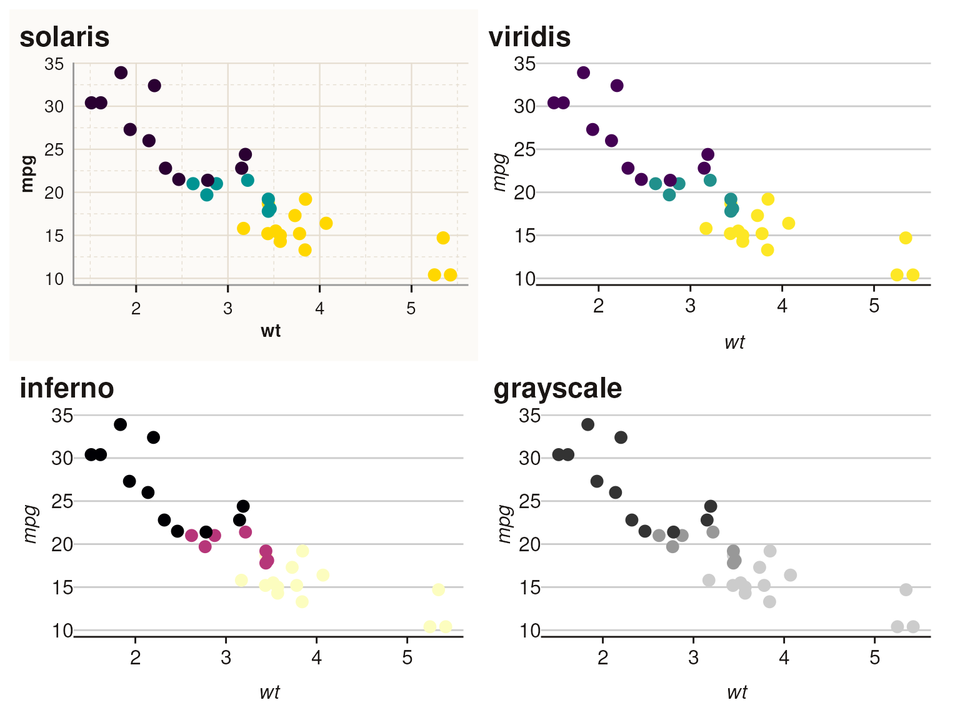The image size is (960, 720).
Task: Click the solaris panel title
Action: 64,37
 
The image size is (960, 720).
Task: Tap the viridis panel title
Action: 529,37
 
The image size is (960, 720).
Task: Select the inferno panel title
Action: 67,388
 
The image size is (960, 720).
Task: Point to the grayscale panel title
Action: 557,388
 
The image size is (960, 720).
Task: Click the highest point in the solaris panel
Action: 121,72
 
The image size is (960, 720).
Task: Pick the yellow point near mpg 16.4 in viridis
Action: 789,223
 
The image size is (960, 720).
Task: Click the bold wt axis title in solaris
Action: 271,331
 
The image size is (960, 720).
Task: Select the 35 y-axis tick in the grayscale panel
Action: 529,416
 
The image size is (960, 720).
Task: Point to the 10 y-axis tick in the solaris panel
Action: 54,279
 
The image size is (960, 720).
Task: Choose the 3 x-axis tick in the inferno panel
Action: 226,658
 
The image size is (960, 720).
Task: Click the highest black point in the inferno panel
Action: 121,424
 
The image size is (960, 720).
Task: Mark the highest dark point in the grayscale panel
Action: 587,424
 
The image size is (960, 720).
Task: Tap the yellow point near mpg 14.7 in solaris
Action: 443,238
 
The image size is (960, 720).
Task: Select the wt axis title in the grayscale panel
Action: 737,692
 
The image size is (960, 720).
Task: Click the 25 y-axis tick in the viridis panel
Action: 524,150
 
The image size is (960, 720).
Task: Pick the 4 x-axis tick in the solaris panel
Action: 319,309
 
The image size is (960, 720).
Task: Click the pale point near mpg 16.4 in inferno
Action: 322,575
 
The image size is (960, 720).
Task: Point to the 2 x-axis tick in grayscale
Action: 602,658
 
